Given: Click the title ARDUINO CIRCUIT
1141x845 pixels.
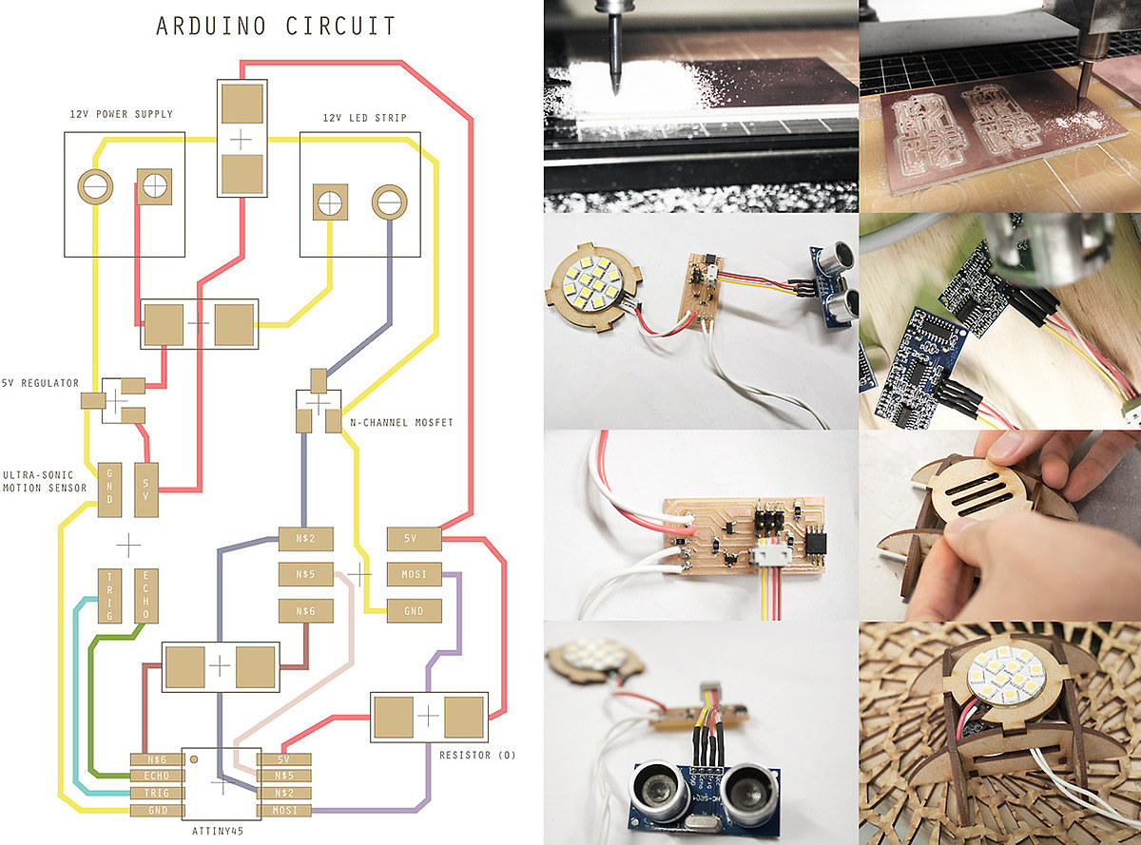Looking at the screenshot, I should [276, 26].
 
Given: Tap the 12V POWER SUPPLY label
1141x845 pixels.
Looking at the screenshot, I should [122, 114].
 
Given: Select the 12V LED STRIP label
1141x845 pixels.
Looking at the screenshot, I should [365, 118].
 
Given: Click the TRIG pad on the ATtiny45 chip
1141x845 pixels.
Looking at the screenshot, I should [157, 792].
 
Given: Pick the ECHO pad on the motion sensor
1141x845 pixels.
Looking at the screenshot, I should [145, 596].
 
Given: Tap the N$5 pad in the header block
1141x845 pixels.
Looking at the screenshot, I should [306, 574].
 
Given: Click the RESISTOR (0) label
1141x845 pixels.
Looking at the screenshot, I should [477, 756].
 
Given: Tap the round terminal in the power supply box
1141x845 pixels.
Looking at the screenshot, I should [94, 187].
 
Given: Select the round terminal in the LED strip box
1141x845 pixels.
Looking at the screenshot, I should [388, 202].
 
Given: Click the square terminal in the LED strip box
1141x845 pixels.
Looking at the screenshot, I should [329, 202].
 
